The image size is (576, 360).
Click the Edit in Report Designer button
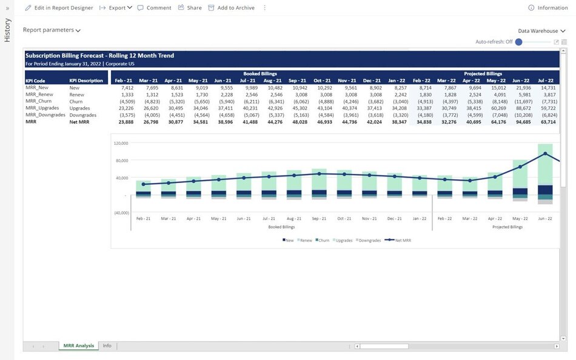click(59, 8)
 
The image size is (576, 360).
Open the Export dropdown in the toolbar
click(116, 8)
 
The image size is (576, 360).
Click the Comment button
click(155, 8)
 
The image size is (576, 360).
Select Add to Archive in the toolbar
click(231, 8)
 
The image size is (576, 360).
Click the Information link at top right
click(548, 8)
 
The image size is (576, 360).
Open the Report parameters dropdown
click(52, 30)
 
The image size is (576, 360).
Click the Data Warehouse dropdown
click(541, 31)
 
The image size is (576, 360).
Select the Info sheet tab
click(107, 345)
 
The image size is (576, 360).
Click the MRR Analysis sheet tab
click(78, 345)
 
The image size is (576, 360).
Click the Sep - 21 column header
click(298, 80)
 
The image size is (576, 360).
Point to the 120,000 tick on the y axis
click(120, 144)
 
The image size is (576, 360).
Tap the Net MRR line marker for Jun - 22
click(545, 153)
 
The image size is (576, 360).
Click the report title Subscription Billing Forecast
click(99, 56)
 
